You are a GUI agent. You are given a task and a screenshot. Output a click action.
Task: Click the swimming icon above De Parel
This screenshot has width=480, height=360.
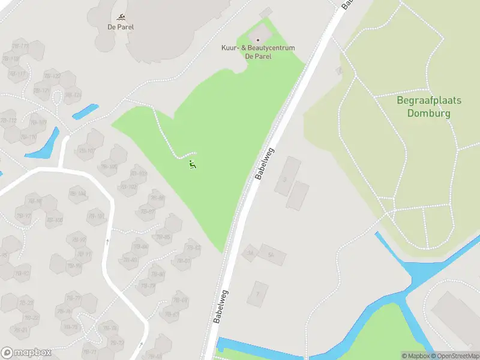(121, 16)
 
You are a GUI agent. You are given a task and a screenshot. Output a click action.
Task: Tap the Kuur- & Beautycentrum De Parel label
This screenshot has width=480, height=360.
(258, 52)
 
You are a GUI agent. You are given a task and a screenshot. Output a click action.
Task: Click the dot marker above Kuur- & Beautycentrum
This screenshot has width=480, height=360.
(258, 40)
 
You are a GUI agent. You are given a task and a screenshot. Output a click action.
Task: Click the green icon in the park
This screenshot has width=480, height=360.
(192, 164)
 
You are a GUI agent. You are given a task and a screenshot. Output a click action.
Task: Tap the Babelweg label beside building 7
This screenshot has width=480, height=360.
(221, 307)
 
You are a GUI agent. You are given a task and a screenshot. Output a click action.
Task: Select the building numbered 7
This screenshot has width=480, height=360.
(259, 294)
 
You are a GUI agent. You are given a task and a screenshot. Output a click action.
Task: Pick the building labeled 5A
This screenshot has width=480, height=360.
(272, 255)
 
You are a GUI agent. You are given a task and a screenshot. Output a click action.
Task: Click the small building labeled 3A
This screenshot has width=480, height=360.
(250, 253)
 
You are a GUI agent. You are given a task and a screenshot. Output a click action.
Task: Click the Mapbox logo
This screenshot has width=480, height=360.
(26, 353)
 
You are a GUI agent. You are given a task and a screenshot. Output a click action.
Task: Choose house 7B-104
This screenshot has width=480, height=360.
(78, 193)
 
